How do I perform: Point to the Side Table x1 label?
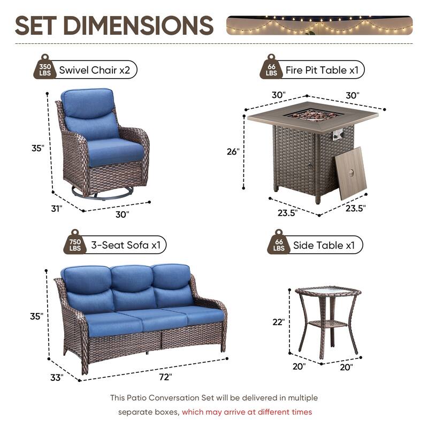click(324, 246)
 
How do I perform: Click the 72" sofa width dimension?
click(165, 377)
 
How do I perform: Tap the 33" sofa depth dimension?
click(56, 377)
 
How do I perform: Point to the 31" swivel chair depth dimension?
click(57, 208)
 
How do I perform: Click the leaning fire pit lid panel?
click(352, 173)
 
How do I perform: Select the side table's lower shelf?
click(327, 323)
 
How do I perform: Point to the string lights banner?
click(319, 25)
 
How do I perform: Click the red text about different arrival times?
click(247, 412)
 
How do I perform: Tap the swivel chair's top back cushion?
click(87, 102)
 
